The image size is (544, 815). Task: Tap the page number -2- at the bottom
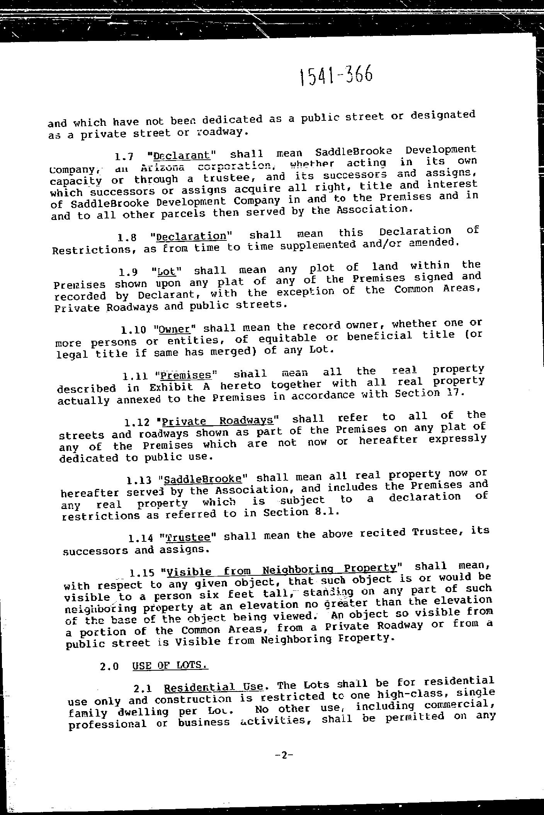284,755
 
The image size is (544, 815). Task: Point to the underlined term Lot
167,272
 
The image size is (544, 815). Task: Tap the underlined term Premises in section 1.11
186,375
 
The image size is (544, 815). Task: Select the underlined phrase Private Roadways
218,420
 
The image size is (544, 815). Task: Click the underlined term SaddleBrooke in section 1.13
202,479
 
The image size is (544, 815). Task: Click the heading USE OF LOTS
170,665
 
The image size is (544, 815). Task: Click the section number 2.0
109,666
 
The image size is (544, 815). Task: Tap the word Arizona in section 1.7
160,167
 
